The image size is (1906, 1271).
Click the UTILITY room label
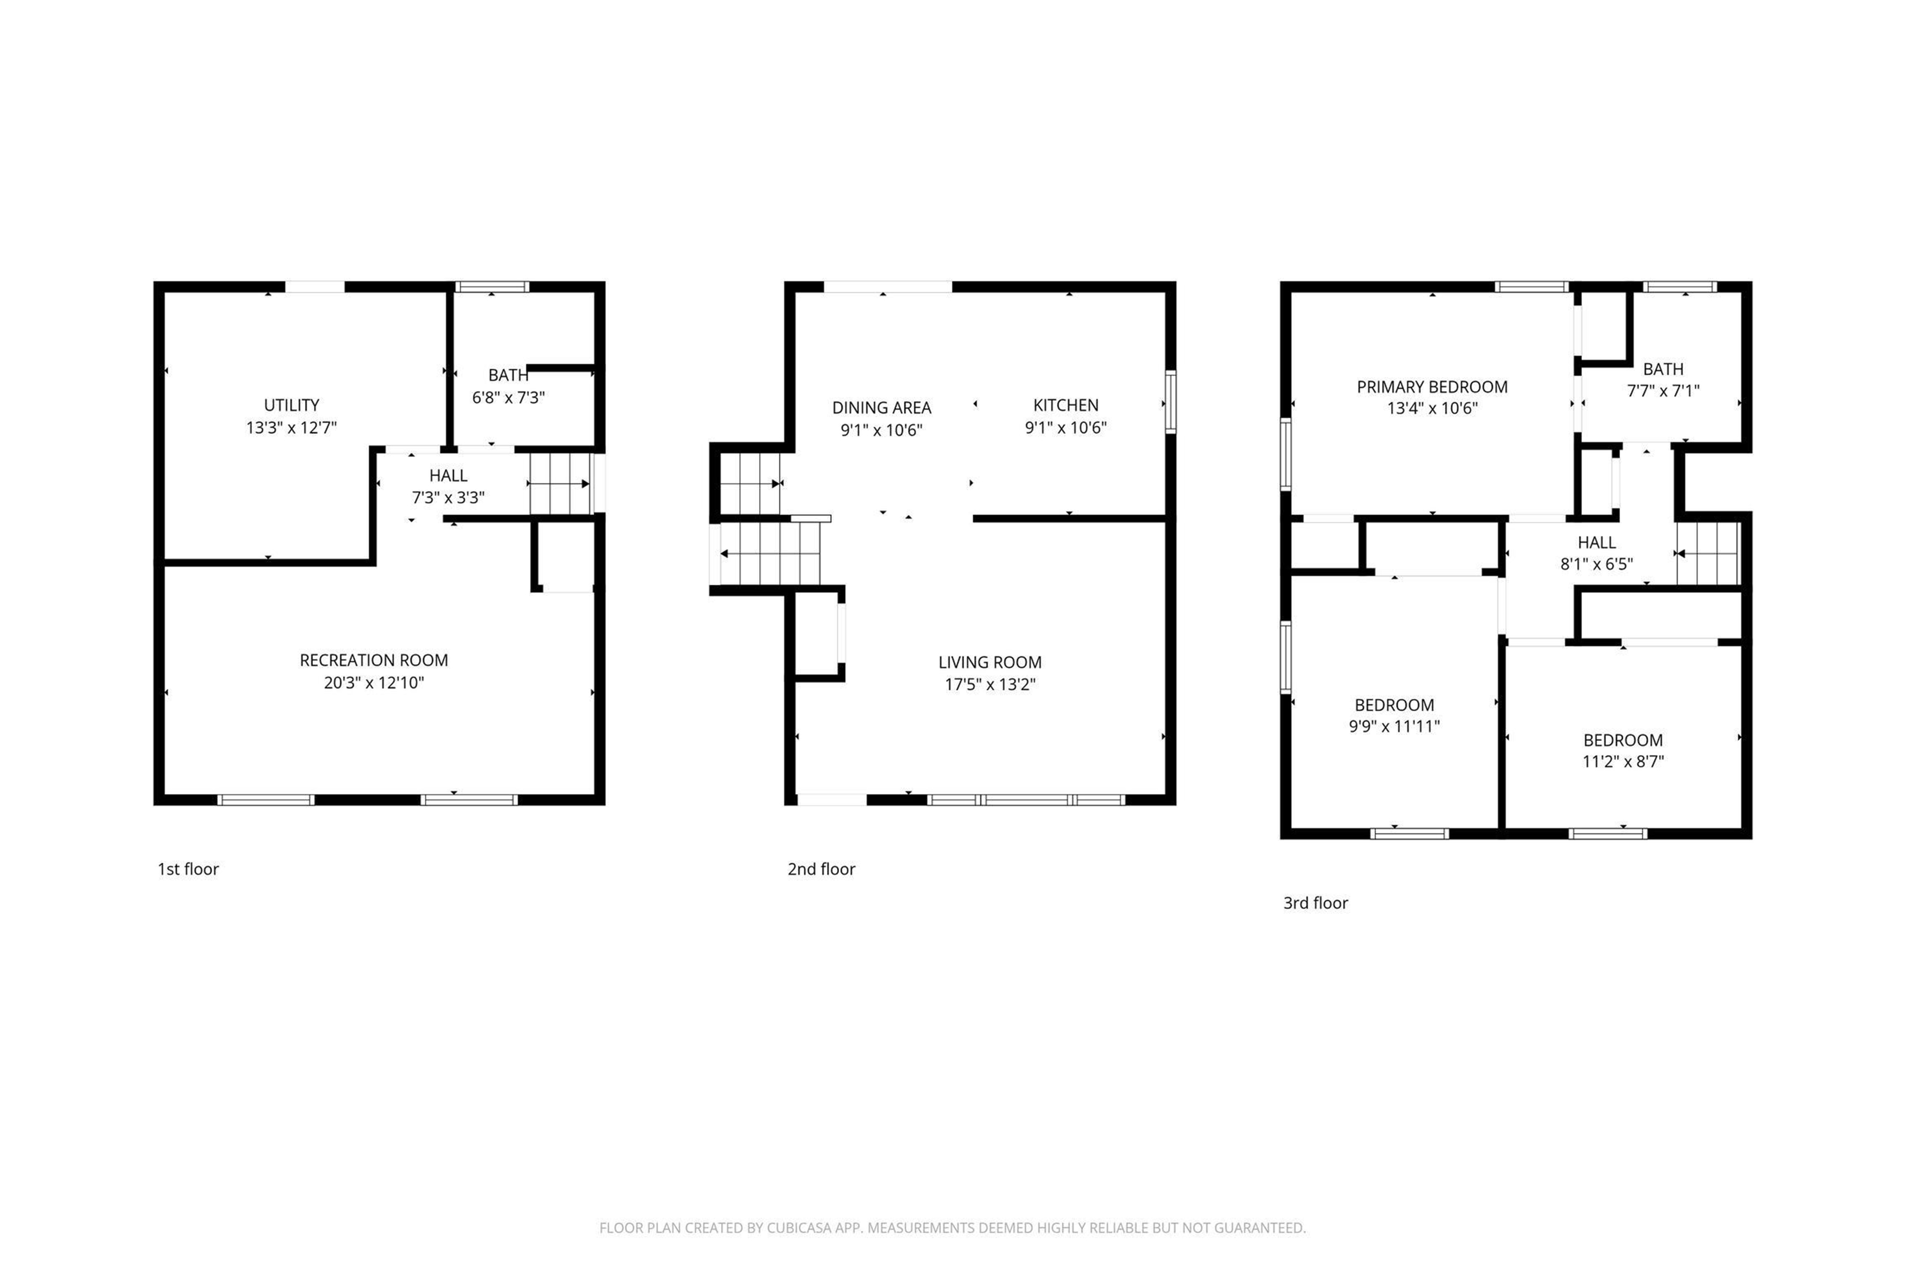(x=292, y=405)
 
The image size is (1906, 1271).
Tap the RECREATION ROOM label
(x=374, y=660)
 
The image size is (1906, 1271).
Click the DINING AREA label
(x=882, y=408)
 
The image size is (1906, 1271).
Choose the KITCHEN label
(x=1066, y=405)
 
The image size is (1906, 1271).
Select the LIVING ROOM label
(x=990, y=663)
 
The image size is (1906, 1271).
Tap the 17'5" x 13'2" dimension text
(x=990, y=684)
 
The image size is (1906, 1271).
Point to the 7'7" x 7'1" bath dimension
(x=1664, y=391)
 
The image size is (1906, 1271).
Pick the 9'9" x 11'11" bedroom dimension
(x=1394, y=726)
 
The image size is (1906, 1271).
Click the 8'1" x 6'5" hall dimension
(x=1596, y=564)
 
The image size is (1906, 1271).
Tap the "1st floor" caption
(x=188, y=869)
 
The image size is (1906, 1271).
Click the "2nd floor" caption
(x=821, y=869)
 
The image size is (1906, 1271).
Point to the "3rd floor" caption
(x=1315, y=903)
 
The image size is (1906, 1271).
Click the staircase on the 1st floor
(x=561, y=484)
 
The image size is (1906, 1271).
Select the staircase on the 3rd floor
(x=1709, y=553)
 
